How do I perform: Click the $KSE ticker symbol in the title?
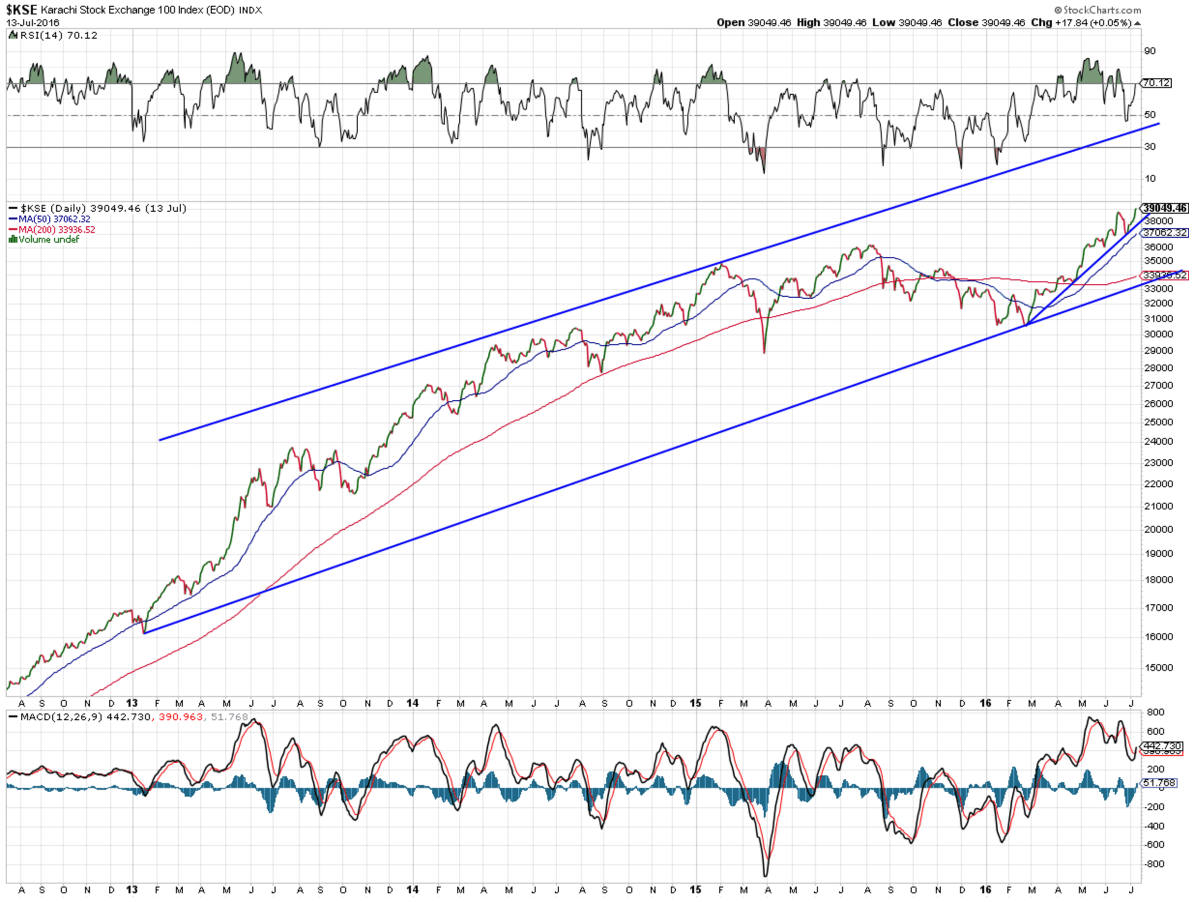[21, 10]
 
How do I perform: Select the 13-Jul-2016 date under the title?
[32, 23]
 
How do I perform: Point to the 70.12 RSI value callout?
[1157, 83]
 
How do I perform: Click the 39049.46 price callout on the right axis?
[1165, 208]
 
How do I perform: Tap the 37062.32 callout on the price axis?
[1165, 233]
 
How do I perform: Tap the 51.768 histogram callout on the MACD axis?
[1159, 783]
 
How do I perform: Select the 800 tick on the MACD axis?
[1156, 713]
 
